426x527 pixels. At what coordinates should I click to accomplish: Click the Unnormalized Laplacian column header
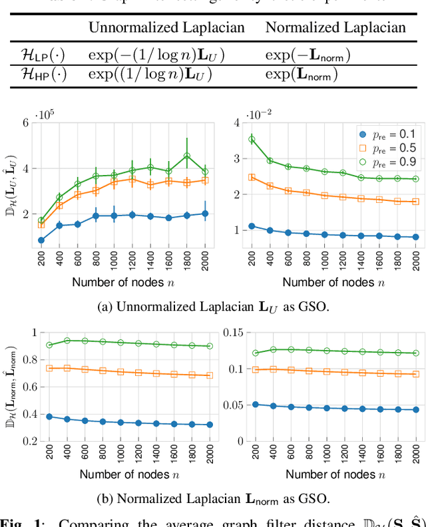166,28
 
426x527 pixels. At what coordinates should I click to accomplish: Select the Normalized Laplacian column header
335,28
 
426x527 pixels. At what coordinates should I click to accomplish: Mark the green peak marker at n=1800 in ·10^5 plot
187,156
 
